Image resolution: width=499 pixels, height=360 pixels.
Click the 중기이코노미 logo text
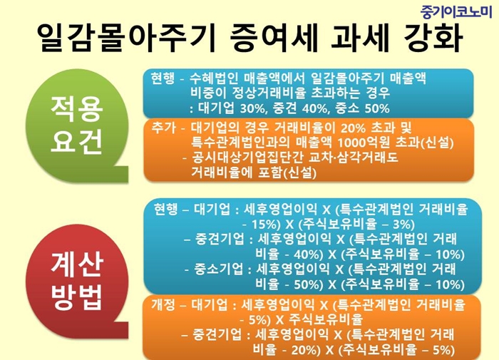[x=456, y=12]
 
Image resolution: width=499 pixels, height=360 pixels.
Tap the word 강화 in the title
[x=433, y=38]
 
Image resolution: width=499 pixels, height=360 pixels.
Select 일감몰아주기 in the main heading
[x=127, y=38]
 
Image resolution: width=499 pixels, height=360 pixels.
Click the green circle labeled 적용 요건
[x=76, y=125]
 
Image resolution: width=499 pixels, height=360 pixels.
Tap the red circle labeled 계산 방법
[x=76, y=281]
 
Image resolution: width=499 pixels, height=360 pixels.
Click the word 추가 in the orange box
[x=163, y=128]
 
